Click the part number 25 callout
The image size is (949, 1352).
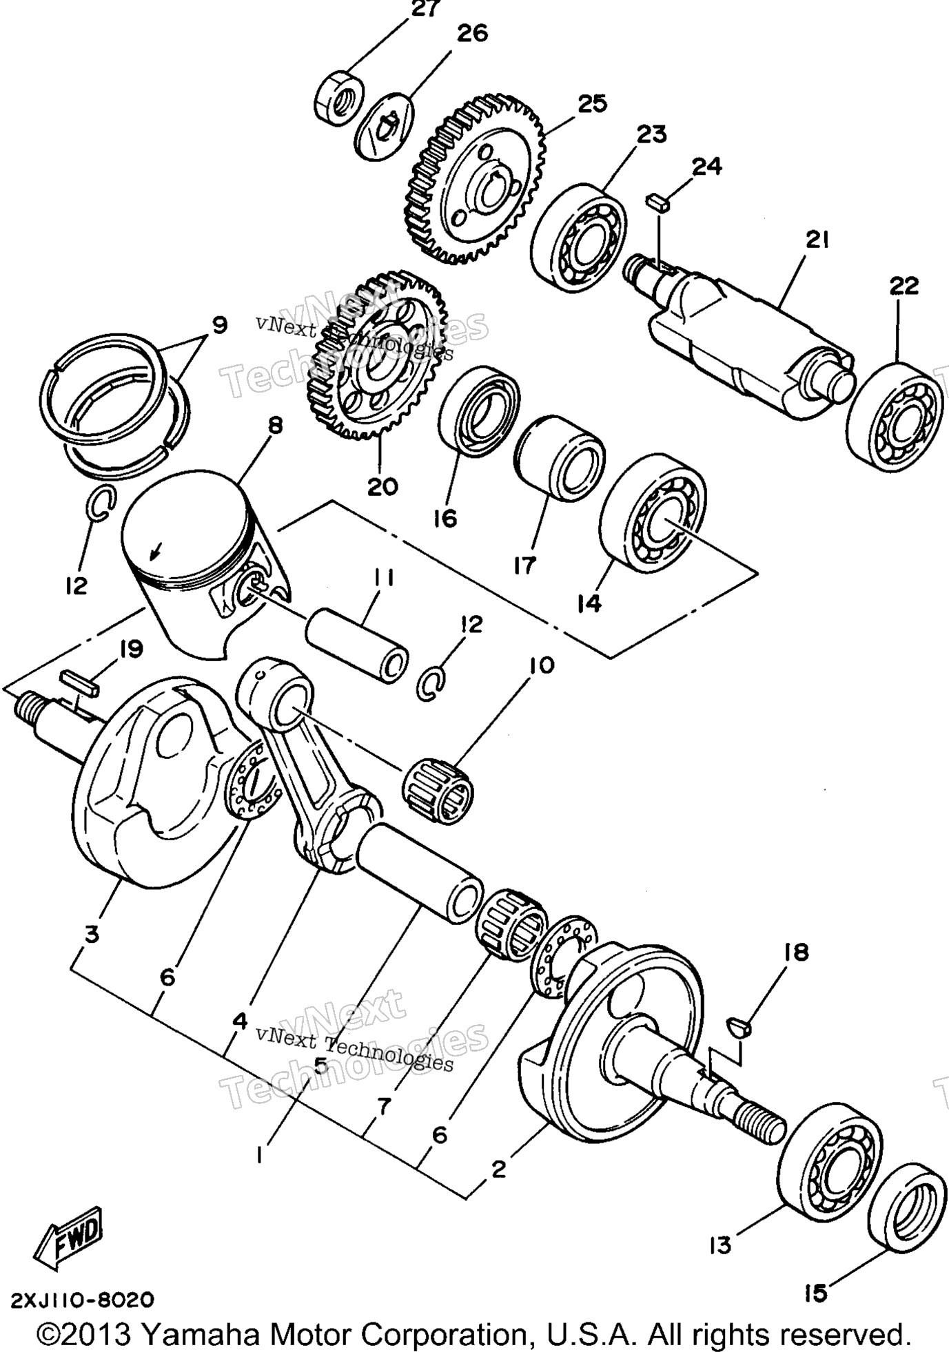592,103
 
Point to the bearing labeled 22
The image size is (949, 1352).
894,419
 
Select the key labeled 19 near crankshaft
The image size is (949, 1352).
80,680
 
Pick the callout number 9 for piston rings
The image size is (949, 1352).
219,324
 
